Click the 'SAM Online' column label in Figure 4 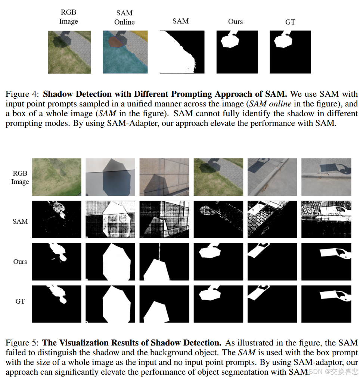tap(124, 18)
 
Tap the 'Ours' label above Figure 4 tap(235, 21)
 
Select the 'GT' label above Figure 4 tap(290, 22)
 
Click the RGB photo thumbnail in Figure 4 tap(69, 52)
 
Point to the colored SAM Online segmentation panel tap(125, 52)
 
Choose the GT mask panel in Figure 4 tap(290, 52)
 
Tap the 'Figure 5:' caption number tap(22, 343)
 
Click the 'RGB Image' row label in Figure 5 tap(20, 177)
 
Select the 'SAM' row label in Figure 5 tap(20, 221)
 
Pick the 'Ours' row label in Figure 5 tap(20, 261)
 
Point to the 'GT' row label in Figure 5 tap(20, 301)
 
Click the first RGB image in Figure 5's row tap(56, 177)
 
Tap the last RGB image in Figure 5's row tap(326, 177)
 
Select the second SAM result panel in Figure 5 tap(110, 220)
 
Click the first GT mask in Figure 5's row tap(56, 304)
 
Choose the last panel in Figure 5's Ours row tap(326, 261)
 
